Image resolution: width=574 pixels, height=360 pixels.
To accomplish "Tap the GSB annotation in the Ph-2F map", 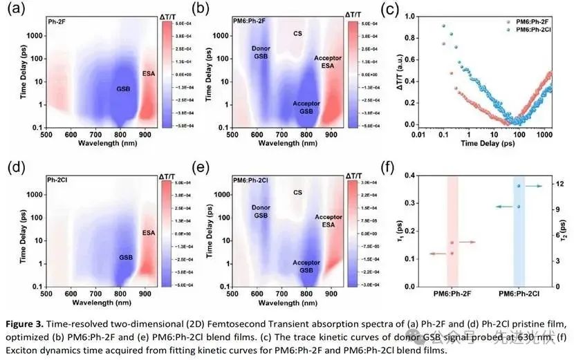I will [103, 89].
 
